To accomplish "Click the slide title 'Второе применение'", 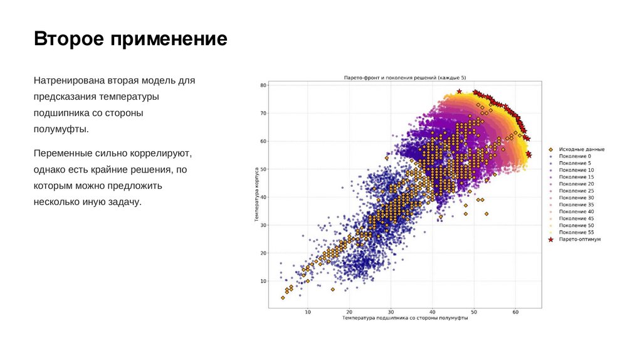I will (x=130, y=40).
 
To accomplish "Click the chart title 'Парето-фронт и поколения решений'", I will (x=405, y=77).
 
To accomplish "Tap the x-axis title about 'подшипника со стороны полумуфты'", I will (x=405, y=318).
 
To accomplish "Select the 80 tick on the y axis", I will (x=263, y=85).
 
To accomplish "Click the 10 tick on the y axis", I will (x=263, y=281).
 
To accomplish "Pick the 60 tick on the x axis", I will (x=515, y=311).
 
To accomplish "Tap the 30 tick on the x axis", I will (x=391, y=311).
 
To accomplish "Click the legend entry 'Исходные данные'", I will (x=582, y=149).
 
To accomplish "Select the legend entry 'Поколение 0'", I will (x=575, y=156).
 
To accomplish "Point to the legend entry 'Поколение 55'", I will (x=576, y=232).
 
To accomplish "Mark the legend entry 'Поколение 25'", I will (x=576, y=191).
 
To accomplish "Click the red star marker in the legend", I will (x=550, y=240).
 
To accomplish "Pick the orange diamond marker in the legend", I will (x=550, y=149).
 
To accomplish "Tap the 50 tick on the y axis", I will (x=263, y=169).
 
